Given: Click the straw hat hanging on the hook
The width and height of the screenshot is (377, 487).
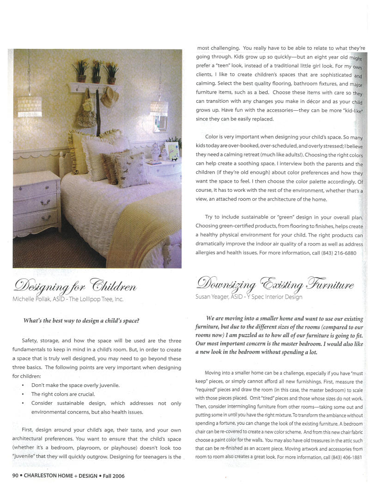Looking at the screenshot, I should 109,97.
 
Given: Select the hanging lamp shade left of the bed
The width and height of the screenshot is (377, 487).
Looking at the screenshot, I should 30,106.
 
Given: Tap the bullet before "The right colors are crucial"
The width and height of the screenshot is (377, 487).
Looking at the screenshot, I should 23,394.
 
